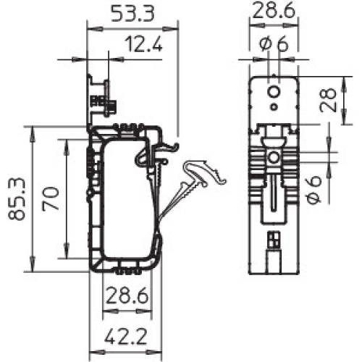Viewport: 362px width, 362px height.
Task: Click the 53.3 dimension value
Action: [x=132, y=14]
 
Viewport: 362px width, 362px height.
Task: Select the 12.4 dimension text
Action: [x=144, y=43]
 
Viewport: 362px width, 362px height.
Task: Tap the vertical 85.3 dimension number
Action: [x=17, y=199]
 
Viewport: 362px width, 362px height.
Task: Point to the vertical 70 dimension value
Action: [x=51, y=199]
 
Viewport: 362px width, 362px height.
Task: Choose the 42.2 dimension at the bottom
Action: [x=126, y=336]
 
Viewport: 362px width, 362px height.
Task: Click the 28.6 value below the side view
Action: [x=127, y=295]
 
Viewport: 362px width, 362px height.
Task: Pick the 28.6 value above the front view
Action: [x=274, y=10]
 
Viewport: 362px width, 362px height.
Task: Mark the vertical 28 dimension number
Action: [x=328, y=100]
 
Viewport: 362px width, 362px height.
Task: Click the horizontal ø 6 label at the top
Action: [x=274, y=43]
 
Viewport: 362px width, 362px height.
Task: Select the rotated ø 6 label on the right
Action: [x=313, y=190]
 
